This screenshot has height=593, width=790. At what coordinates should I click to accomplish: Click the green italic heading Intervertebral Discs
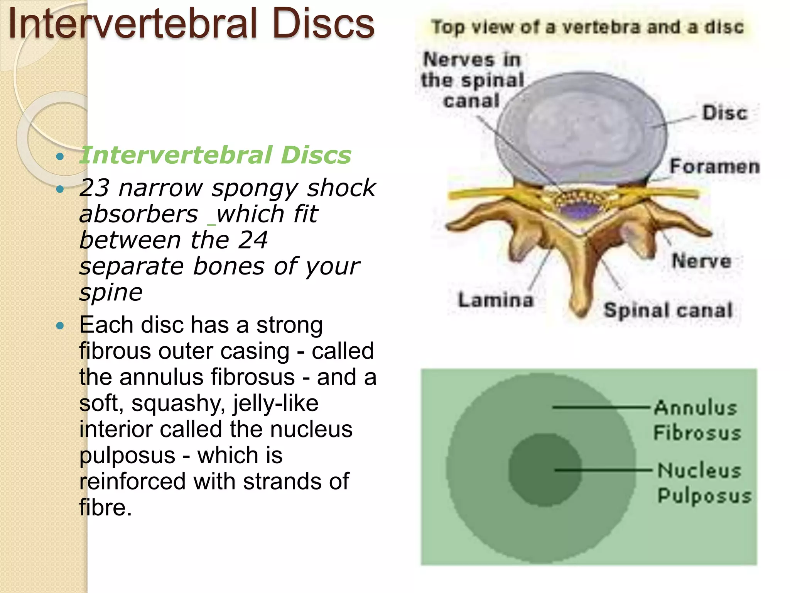click(x=215, y=155)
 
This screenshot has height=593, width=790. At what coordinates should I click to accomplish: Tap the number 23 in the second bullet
click(x=94, y=188)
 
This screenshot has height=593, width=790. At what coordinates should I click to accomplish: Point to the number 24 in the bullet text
click(x=253, y=240)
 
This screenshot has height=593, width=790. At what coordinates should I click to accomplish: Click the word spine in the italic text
click(x=111, y=292)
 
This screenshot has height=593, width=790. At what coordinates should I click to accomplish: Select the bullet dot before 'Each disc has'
click(x=60, y=326)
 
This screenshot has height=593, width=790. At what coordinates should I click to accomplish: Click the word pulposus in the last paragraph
click(x=127, y=456)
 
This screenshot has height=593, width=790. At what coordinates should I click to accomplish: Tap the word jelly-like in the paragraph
click(x=276, y=403)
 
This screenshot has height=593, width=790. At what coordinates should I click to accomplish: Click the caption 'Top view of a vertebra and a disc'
click(x=587, y=27)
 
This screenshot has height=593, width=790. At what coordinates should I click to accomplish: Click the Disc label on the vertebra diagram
click(x=724, y=113)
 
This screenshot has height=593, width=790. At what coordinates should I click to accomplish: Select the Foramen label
click(x=714, y=166)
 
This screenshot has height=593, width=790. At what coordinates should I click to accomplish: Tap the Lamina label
click(x=495, y=300)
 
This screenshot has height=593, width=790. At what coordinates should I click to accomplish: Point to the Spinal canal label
click(x=668, y=310)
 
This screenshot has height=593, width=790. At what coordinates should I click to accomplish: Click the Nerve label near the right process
click(x=701, y=261)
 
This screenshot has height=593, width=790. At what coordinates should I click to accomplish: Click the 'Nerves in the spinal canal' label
click(x=472, y=80)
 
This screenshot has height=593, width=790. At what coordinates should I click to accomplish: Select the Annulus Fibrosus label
click(x=697, y=420)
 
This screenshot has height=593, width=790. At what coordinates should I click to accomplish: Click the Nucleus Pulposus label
click(x=704, y=483)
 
